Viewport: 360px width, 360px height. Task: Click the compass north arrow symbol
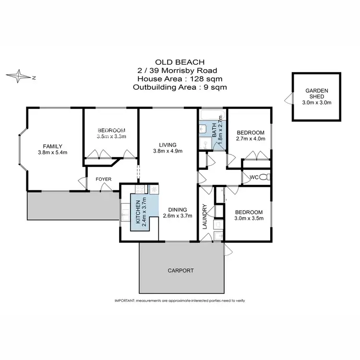coord(19,76)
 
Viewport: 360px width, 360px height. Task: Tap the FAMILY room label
coord(53,146)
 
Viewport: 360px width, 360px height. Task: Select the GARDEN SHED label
coord(317,93)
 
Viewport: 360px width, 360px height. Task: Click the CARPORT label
coord(180,270)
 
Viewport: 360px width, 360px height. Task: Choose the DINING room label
coord(180,209)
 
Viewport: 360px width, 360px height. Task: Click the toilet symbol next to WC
coord(267,178)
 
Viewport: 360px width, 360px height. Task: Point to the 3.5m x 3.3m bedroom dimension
coord(111,137)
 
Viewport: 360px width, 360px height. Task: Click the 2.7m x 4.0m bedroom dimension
coord(251,139)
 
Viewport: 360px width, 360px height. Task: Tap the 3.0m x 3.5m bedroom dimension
coord(249,218)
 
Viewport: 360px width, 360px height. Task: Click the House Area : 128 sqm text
coord(180,79)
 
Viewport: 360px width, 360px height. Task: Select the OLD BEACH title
coord(180,62)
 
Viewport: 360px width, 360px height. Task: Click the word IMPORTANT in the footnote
coord(126,300)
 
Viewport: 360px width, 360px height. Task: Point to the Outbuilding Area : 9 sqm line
coord(180,87)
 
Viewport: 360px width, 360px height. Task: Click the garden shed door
coord(287,99)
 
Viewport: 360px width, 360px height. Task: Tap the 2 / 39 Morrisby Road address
coord(180,71)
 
